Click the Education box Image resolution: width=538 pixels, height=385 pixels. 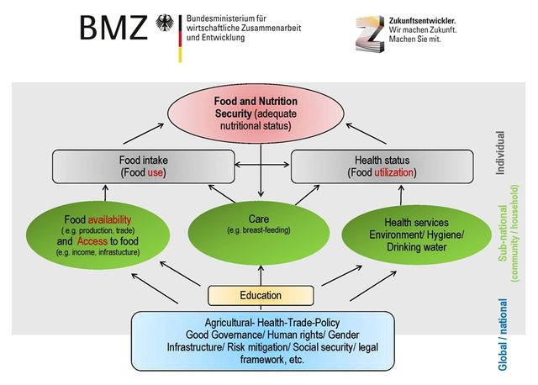tap(261, 295)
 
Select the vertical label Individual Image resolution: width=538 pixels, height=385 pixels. tap(501, 152)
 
